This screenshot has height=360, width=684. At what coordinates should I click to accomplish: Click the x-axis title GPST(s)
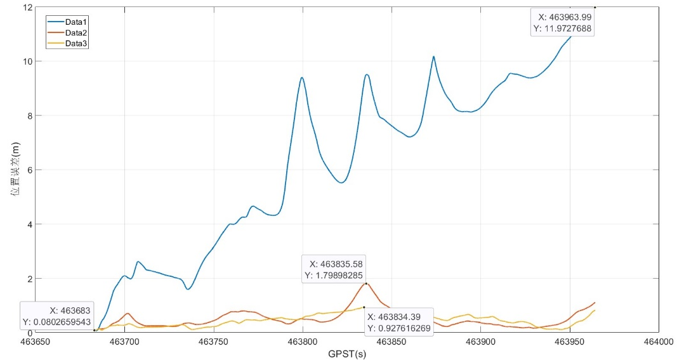(347, 354)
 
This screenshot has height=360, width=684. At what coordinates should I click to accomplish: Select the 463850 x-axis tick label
(392, 342)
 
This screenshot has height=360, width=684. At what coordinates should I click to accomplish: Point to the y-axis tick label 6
(27, 170)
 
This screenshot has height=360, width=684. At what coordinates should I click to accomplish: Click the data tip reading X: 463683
(58, 317)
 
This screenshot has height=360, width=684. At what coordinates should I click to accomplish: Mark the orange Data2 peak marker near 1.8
(366, 283)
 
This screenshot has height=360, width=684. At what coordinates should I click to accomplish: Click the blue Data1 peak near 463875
(433, 57)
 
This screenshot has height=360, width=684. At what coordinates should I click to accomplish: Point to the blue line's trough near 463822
(341, 183)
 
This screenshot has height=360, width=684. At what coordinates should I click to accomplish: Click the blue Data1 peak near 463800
(302, 77)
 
